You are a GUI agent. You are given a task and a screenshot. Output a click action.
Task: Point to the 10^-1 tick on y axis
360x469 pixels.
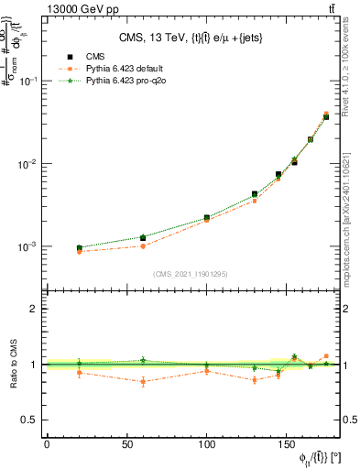click(x=27, y=81)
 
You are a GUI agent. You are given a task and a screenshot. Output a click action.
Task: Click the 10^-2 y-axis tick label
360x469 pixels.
click(x=27, y=164)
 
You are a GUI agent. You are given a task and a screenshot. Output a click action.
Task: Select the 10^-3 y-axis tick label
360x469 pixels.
click(x=27, y=247)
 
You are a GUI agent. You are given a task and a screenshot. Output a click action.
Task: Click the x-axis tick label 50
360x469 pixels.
click(x=127, y=445)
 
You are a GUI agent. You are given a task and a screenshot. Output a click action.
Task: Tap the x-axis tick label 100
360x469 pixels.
click(x=207, y=445)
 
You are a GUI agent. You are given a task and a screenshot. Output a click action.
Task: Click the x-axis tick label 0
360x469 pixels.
click(x=47, y=445)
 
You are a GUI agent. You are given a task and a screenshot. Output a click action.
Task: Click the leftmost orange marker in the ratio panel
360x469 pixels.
click(x=80, y=373)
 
